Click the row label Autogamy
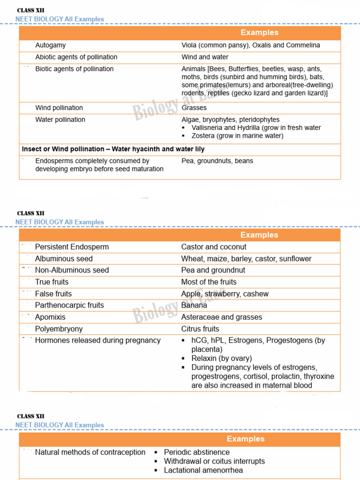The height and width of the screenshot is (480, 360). (51, 45)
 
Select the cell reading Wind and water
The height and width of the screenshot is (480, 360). (205, 57)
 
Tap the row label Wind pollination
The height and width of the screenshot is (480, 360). (59, 108)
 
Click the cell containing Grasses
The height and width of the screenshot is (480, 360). (194, 108)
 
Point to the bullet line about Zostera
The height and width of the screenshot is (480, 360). (237, 136)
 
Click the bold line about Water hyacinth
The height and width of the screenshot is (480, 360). (113, 149)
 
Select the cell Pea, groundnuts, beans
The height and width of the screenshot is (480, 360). (217, 161)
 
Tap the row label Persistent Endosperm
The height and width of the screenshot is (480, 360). (72, 247)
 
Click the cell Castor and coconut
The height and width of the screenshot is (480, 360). (214, 247)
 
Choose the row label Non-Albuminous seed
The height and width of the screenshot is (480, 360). (72, 270)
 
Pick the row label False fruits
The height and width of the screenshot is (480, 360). (53, 294)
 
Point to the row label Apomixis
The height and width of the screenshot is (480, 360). (50, 317)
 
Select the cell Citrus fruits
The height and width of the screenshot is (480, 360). (200, 329)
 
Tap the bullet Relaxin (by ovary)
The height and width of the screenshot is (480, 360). (221, 359)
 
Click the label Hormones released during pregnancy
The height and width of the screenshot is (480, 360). (97, 340)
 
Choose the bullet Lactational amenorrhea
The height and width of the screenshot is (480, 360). (203, 470)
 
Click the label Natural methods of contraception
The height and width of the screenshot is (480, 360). (90, 452)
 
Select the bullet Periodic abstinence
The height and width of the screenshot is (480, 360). (196, 452)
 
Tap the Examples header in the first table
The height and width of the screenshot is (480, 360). (259, 33)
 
